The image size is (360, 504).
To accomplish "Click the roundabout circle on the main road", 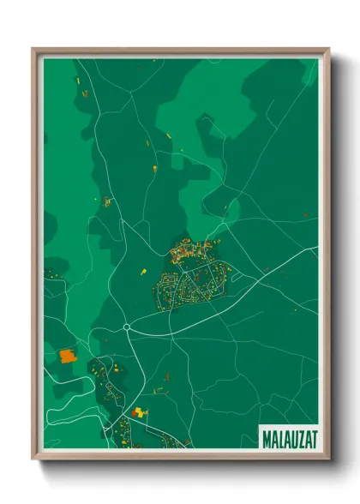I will click(x=126, y=327).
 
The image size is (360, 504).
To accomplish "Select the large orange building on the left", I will click(x=67, y=353).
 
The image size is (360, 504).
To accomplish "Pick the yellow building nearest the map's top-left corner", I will click(x=77, y=80).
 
